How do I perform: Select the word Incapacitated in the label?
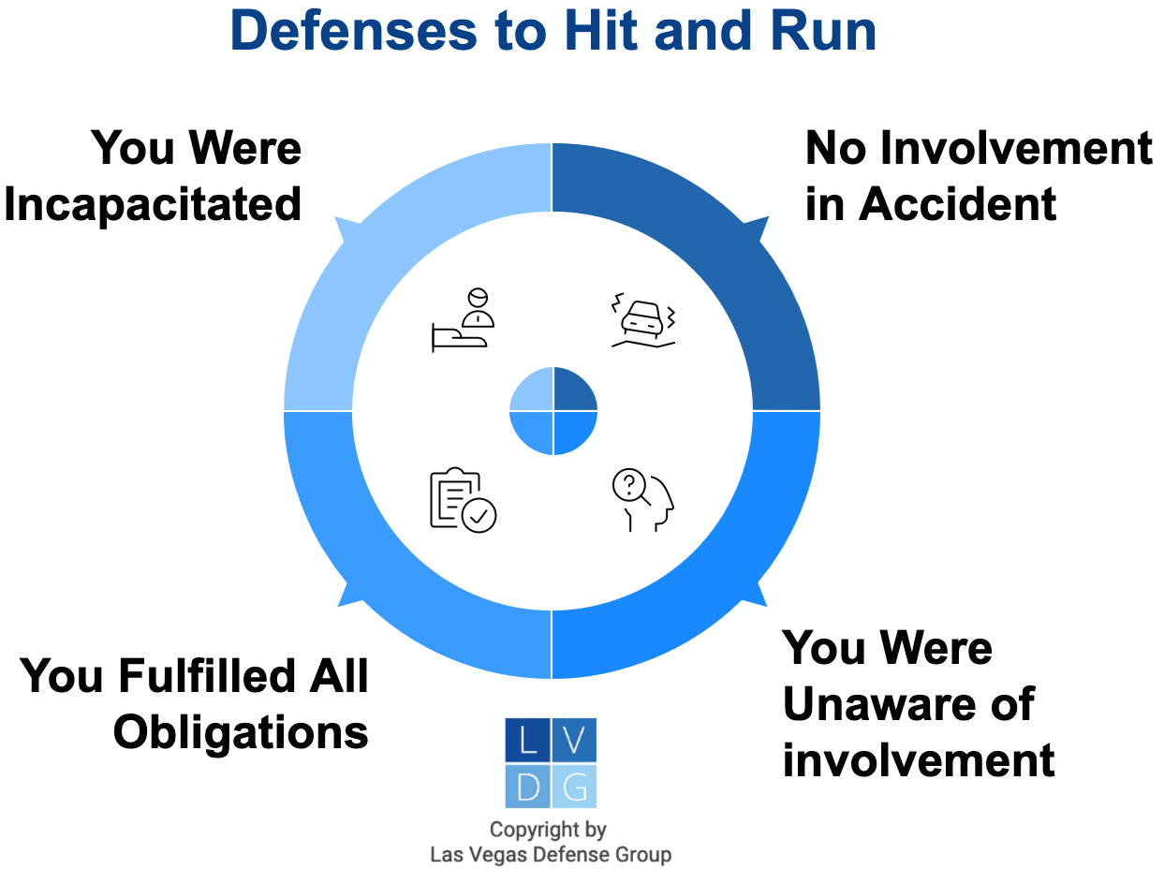coord(153,204)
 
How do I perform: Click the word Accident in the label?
coord(958,204)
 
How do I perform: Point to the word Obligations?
coord(241,732)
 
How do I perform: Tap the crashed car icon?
coord(642,324)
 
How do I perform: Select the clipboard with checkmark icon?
coord(463,500)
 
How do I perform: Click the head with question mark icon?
coord(642,500)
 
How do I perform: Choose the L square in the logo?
coord(527,741)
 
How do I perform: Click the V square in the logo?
coord(574,741)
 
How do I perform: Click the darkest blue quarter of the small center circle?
coord(572,390)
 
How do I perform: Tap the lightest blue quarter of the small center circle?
coord(532,390)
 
